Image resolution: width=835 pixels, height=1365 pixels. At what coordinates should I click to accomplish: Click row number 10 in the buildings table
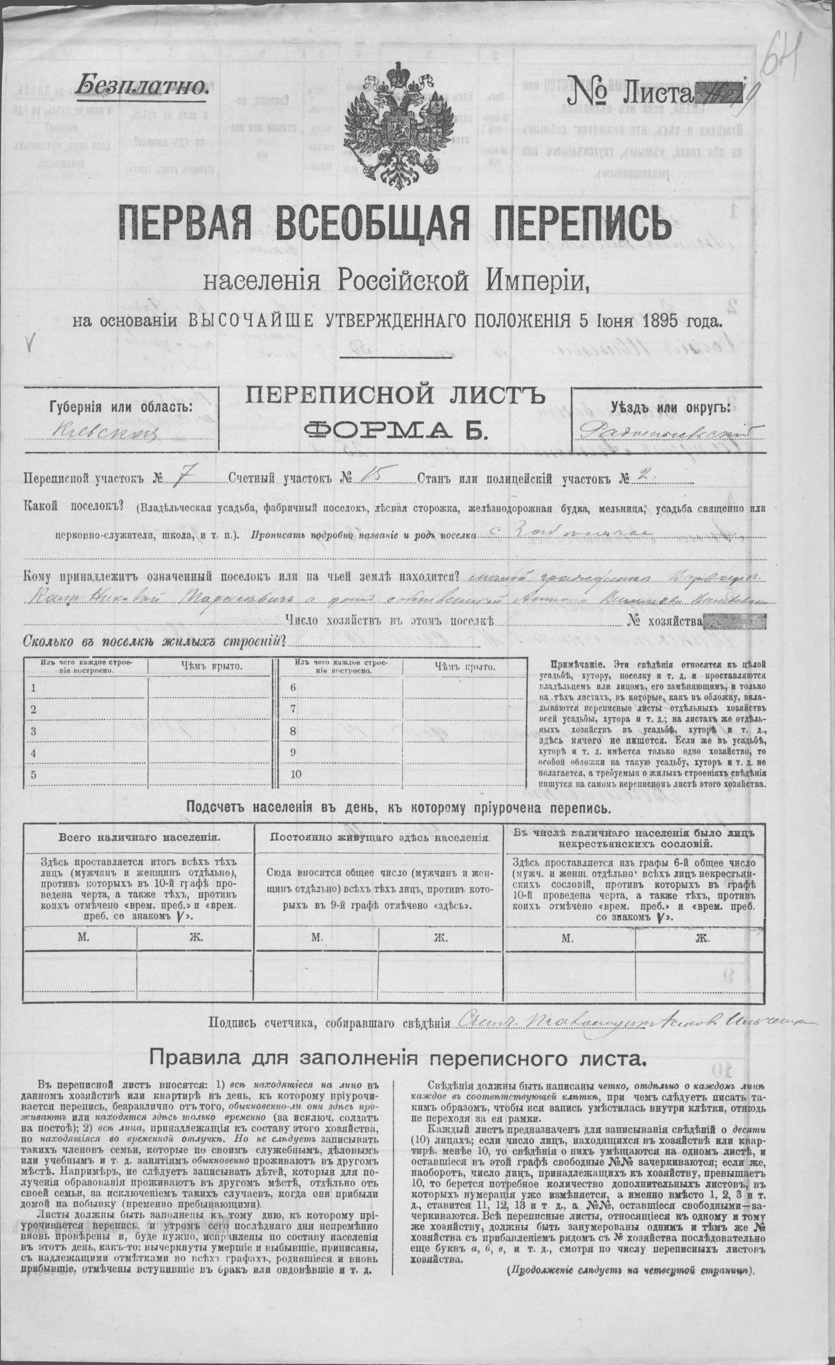pyautogui.click(x=295, y=774)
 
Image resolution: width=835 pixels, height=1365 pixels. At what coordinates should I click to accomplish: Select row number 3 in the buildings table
pyautogui.click(x=34, y=731)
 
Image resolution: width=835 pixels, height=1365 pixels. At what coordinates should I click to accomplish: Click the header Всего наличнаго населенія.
pyautogui.click(x=139, y=837)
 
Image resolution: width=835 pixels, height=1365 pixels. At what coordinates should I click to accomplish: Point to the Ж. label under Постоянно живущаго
pyautogui.click(x=440, y=937)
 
